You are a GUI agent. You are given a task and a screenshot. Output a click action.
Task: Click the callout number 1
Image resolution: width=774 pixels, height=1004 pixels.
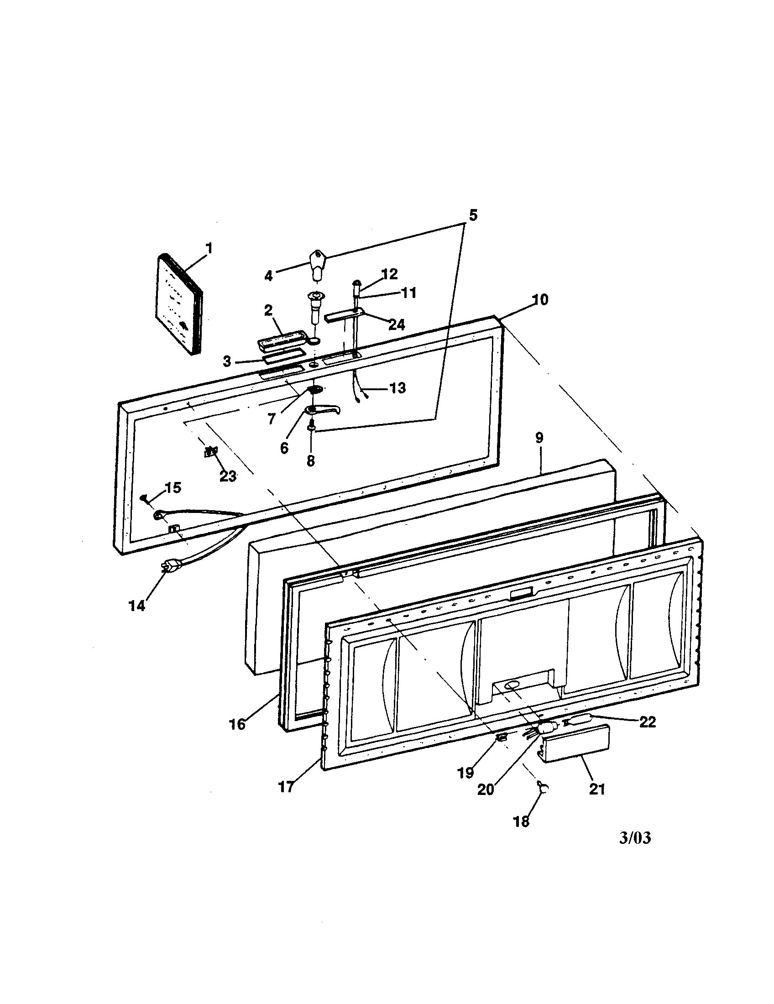[209, 249]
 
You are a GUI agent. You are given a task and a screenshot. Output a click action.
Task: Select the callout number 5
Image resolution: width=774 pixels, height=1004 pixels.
[472, 214]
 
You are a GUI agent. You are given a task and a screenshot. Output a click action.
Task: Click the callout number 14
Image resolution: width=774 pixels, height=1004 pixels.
[136, 606]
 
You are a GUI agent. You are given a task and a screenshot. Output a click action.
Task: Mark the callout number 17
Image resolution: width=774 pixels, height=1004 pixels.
[286, 787]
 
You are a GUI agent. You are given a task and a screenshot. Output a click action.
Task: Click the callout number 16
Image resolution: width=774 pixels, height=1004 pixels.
[237, 724]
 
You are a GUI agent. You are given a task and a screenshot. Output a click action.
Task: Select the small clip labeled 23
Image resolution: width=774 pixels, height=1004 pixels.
[211, 451]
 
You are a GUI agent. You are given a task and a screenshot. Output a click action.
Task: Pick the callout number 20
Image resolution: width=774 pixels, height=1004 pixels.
[486, 790]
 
